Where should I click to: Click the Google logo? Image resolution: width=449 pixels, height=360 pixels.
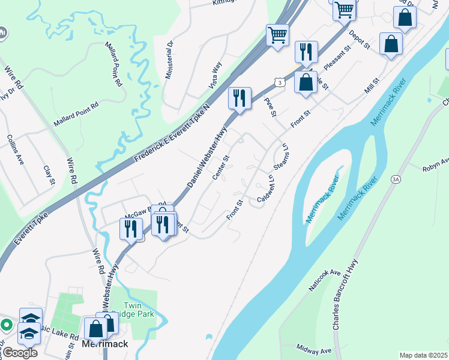click(19, 353)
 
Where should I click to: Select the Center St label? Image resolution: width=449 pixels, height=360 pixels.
click(221, 167)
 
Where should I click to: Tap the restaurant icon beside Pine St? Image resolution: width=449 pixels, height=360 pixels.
click(240, 98)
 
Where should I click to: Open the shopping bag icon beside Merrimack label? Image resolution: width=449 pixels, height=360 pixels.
click(95, 328)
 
